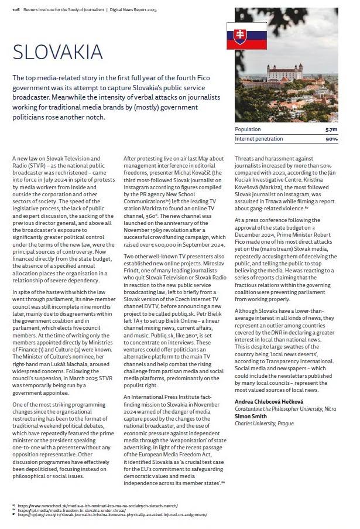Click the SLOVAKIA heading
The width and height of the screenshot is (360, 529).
click(57, 52)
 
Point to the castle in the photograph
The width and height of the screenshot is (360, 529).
click(284, 72)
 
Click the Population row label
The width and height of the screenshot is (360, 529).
click(248, 129)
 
